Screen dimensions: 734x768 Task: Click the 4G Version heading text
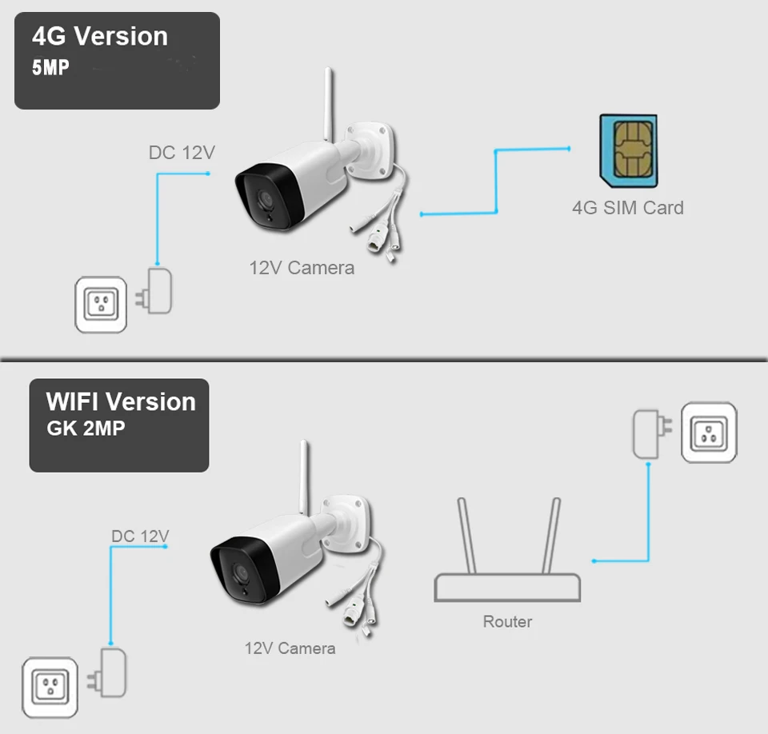pyautogui.click(x=100, y=37)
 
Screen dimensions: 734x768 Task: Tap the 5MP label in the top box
pyautogui.click(x=50, y=68)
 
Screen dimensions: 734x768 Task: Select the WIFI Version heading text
pyautogui.click(x=121, y=401)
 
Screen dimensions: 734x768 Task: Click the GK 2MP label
pyautogui.click(x=86, y=429)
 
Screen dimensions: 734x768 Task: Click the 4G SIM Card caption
pyautogui.click(x=627, y=208)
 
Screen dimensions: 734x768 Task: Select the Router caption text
pyautogui.click(x=507, y=621)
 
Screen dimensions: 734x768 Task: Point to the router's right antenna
pyautogui.click(x=551, y=535)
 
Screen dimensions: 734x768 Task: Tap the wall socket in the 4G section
pyautogui.click(x=101, y=304)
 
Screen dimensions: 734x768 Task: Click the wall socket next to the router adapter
pyautogui.click(x=709, y=433)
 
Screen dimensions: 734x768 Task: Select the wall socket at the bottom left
pyautogui.click(x=49, y=686)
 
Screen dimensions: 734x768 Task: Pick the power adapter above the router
pyautogui.click(x=646, y=433)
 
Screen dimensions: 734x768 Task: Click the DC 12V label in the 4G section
pyautogui.click(x=182, y=152)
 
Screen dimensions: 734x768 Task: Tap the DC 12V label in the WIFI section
pyautogui.click(x=140, y=536)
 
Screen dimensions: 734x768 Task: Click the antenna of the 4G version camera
pyautogui.click(x=328, y=104)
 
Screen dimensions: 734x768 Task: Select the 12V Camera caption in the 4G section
pyautogui.click(x=301, y=268)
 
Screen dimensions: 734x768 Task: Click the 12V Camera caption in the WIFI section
pyautogui.click(x=290, y=648)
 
